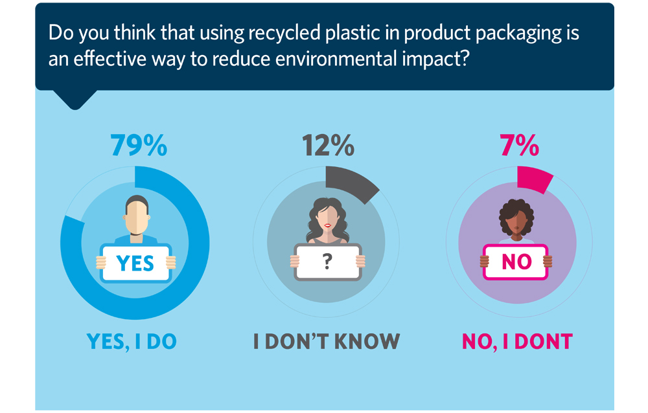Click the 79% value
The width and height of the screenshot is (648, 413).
[139, 146]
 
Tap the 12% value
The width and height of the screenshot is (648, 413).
[329, 146]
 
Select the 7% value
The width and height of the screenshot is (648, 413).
[519, 146]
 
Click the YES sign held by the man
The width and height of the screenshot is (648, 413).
[135, 262]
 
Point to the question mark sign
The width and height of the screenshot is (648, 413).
[327, 262]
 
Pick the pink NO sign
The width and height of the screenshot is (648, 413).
[516, 262]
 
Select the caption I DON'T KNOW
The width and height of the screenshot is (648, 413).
[327, 341]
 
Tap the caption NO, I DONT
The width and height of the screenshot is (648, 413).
[516, 341]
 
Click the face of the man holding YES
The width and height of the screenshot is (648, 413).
[136, 216]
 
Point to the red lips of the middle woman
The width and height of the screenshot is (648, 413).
[328, 225]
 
